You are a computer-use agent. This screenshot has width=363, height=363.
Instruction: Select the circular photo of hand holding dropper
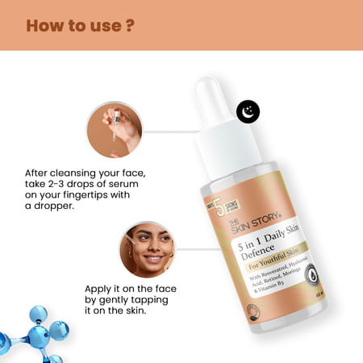click(115, 129)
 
